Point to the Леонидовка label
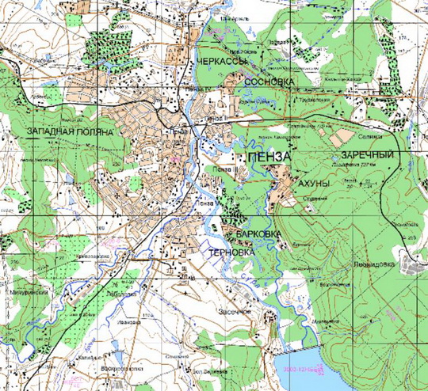pyautogui.click(x=373, y=265)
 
